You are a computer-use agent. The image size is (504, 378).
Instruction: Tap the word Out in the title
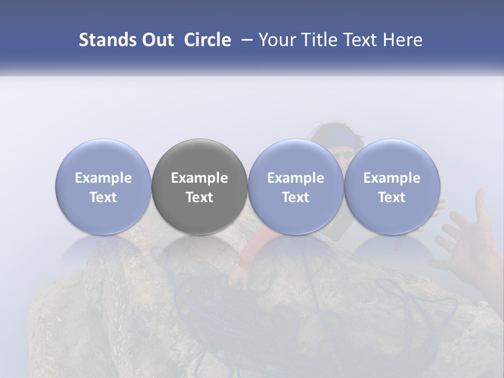[156, 40]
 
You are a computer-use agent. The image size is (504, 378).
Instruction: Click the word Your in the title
[277, 40]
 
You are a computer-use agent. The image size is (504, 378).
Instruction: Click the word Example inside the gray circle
[199, 178]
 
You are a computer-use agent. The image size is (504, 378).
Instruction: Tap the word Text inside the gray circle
[199, 197]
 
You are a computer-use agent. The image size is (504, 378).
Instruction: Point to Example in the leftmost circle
[103, 178]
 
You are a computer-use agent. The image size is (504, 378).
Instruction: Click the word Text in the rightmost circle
[392, 197]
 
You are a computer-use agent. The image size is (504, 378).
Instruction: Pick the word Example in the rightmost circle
[392, 178]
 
